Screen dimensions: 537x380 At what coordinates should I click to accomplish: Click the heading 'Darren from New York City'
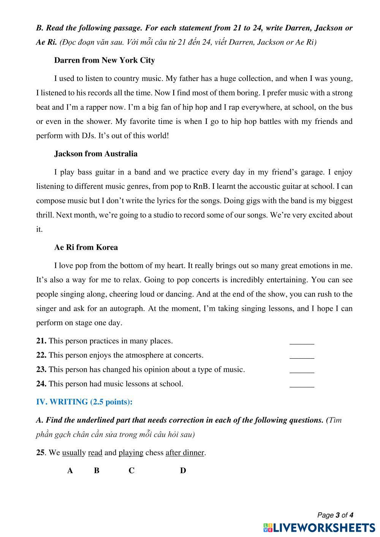click(104, 60)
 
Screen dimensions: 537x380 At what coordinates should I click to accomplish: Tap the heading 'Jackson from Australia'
click(96, 154)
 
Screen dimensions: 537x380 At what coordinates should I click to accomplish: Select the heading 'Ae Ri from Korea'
click(86, 247)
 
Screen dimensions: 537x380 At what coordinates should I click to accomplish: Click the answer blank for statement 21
click(302, 341)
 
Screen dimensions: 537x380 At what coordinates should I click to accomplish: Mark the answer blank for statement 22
click(302, 356)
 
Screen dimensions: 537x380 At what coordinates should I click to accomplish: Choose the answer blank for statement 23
click(302, 370)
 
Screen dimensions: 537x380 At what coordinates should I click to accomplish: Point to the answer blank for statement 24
click(302, 384)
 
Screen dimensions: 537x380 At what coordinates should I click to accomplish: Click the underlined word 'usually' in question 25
click(74, 453)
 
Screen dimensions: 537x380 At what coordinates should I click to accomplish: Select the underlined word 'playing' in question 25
click(131, 453)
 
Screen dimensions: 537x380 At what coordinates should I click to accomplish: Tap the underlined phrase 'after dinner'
click(185, 453)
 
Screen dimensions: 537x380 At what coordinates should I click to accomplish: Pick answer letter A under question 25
click(70, 470)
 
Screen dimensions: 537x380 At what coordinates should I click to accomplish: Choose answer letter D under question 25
click(183, 470)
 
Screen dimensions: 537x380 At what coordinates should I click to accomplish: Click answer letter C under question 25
click(131, 470)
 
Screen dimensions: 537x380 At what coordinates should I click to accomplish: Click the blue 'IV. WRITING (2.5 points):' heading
click(84, 402)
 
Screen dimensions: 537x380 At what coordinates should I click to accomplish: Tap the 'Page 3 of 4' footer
click(335, 515)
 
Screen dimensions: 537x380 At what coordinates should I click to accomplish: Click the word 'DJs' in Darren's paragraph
click(88, 135)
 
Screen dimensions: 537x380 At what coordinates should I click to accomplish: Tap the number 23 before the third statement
click(41, 369)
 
